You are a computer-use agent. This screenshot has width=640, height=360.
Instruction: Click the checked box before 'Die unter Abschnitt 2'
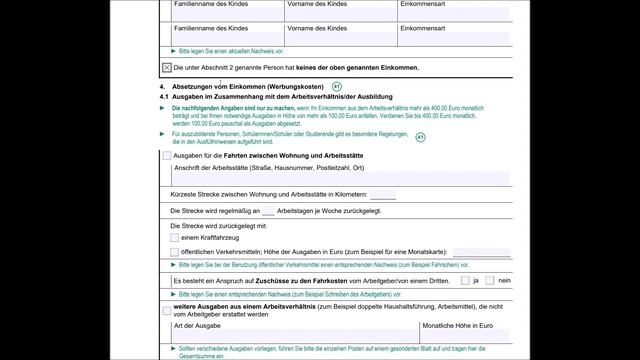tap(166, 68)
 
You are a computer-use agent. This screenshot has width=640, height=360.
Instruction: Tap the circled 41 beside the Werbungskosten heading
tap(337, 87)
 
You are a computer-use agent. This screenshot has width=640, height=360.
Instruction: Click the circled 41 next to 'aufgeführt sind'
tap(420, 137)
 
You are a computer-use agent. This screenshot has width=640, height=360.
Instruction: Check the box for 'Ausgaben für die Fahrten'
tap(166, 156)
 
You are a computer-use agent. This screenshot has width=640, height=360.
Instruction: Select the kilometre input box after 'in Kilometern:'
tap(382, 194)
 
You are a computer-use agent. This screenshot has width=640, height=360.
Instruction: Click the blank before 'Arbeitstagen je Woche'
tap(268, 212)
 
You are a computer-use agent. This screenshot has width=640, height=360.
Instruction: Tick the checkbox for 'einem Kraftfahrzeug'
tap(174, 237)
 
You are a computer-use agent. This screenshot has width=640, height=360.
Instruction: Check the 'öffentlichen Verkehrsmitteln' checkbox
tap(174, 253)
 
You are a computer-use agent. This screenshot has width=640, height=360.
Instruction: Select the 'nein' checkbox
tap(490, 282)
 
